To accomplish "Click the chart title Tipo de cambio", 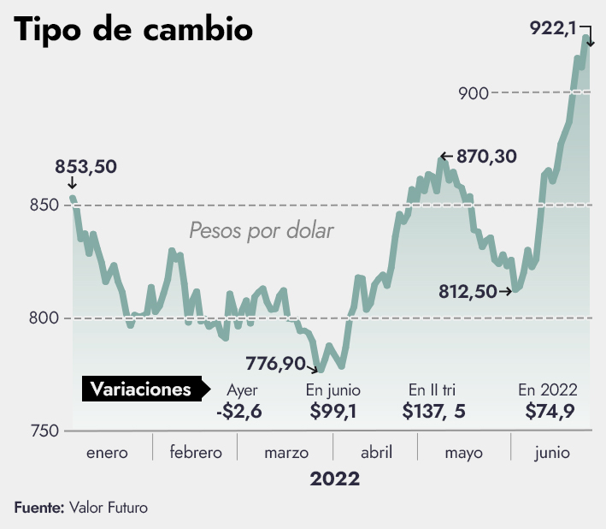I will pyautogui.click(x=133, y=31).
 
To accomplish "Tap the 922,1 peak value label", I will pyautogui.click(x=552, y=28).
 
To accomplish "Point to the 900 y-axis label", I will pyautogui.click(x=473, y=93).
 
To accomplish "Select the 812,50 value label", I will pyautogui.click(x=468, y=292).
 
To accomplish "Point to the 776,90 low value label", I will pyautogui.click(x=275, y=364).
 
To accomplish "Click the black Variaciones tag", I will pyautogui.click(x=142, y=389).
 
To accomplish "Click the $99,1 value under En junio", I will pyautogui.click(x=332, y=412).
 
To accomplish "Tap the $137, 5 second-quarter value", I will pyautogui.click(x=434, y=412).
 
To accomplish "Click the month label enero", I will pyautogui.click(x=107, y=453).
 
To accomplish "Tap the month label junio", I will pyautogui.click(x=551, y=453).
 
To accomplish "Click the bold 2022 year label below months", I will pyautogui.click(x=335, y=478).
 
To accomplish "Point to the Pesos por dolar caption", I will pyautogui.click(x=261, y=231).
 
